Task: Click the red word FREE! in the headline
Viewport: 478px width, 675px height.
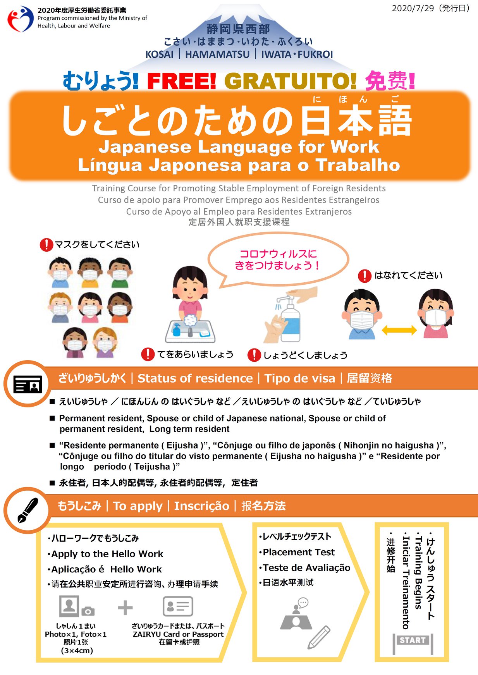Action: point(181,81)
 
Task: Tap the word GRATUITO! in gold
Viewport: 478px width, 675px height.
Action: point(290,81)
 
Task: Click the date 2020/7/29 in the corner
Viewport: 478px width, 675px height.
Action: point(413,8)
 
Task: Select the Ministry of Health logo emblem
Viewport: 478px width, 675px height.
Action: point(21,19)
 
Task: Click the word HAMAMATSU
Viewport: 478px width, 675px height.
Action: point(217,54)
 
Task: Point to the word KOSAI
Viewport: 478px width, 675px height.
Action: point(160,54)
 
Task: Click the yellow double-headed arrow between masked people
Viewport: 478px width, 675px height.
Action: point(399,330)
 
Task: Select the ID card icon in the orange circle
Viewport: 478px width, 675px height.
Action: point(28,384)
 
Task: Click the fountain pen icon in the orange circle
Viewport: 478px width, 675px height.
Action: point(28,510)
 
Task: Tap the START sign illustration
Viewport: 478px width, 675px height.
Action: point(413,644)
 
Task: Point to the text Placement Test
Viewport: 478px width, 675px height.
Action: point(299,552)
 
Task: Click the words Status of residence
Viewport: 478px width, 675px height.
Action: point(195,378)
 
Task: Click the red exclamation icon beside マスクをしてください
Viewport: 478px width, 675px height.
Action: point(46,244)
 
